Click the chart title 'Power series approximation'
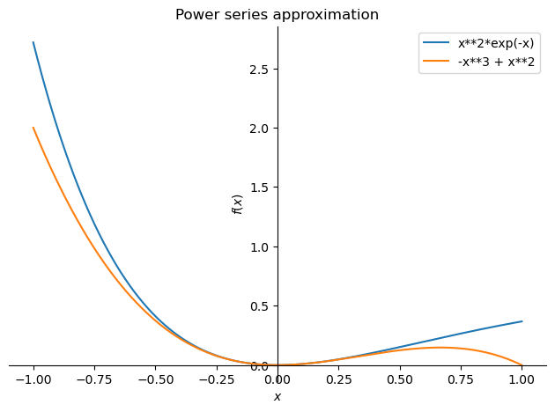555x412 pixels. coord(277,15)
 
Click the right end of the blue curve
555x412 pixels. coord(522,321)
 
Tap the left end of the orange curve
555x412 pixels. coord(33,128)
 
